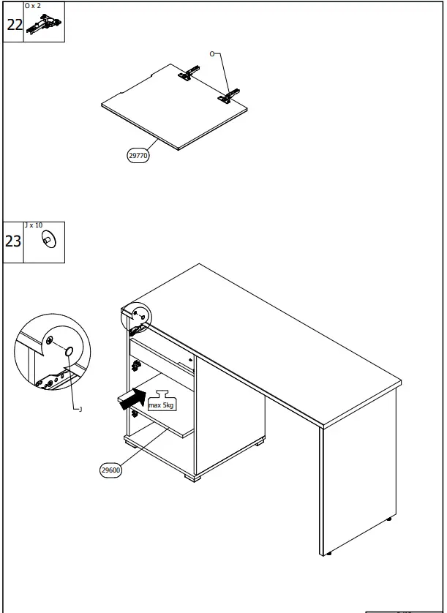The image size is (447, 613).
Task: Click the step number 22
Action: pos(14,24)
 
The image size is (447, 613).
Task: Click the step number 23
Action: pos(14,241)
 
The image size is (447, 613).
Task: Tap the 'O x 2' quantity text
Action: pos(33,6)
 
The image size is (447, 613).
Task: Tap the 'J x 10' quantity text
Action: pos(34,225)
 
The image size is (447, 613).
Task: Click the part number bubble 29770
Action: pos(138,155)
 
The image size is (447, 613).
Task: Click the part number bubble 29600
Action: pos(110,471)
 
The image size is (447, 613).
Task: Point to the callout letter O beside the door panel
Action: pos(213,54)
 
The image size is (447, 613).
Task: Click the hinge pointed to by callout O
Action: pos(232,95)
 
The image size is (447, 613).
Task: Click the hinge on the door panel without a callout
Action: pos(189,73)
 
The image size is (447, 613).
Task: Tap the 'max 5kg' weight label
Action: pos(161,404)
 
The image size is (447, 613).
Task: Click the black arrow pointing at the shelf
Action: pos(132,399)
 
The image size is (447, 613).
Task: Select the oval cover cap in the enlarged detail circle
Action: pos(69,352)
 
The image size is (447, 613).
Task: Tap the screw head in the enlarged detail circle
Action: pos(49,341)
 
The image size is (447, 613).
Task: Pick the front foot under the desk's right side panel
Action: pos(329,554)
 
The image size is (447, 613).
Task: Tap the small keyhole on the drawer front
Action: pos(190,360)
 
